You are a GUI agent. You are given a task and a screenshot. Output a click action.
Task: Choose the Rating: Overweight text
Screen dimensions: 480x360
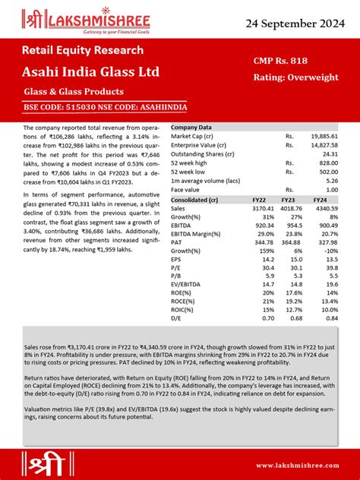(295, 77)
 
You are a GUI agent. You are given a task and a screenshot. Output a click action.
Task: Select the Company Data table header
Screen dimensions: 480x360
(191, 127)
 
